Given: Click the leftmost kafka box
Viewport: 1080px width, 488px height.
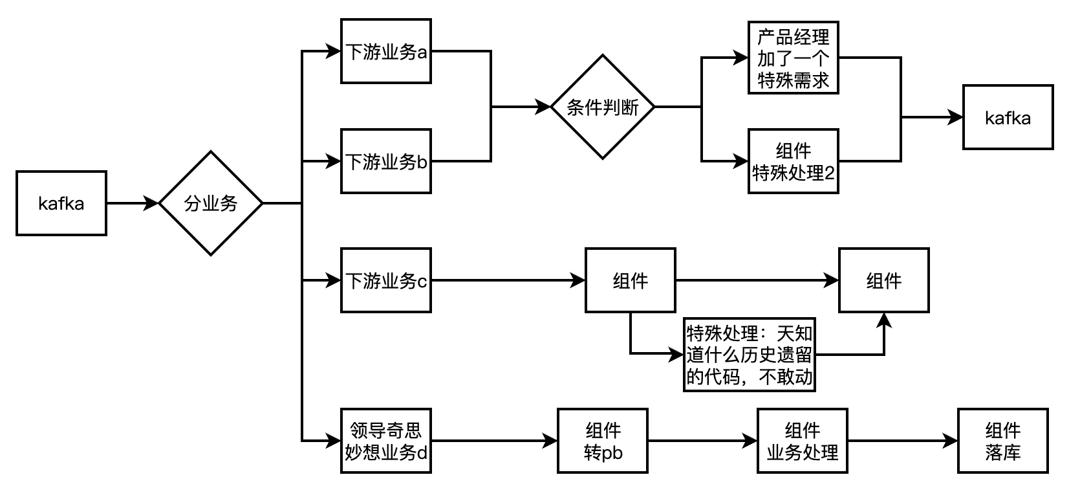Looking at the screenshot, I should pos(61,203).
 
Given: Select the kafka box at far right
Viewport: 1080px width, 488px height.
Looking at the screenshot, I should pos(1008,118).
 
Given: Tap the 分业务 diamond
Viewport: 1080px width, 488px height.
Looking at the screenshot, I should pos(211,203).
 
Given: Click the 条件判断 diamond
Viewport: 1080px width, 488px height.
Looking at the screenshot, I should pos(602,107).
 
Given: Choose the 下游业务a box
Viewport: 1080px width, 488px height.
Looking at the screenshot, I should pos(386,52).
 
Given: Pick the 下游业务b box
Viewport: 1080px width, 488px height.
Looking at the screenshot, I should pos(386,161).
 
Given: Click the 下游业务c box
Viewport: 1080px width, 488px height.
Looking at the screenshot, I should pos(386,280).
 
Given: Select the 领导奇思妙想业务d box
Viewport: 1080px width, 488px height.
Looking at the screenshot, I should pos(386,441).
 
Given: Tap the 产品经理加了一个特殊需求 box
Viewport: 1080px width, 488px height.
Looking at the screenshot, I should pos(793,58).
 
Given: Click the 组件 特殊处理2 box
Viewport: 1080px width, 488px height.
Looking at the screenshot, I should pos(793,161).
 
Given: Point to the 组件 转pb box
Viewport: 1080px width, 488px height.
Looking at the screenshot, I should pos(603,441).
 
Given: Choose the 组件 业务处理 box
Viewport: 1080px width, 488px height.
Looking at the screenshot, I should pos(802,441).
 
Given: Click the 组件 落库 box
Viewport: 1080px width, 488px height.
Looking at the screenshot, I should pos(1002,441).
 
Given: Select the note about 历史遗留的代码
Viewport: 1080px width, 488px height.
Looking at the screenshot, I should pos(749,355).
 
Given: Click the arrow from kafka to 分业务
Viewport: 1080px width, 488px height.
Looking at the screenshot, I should pos(133,203).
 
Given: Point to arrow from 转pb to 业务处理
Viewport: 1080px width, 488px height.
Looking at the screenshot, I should pos(702,441).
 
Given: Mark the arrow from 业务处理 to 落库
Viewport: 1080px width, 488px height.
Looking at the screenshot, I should pos(902,441).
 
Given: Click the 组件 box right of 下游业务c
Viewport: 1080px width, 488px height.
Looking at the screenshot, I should pos(631,280).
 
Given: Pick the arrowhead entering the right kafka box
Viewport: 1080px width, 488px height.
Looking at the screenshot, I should pos(956,118).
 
